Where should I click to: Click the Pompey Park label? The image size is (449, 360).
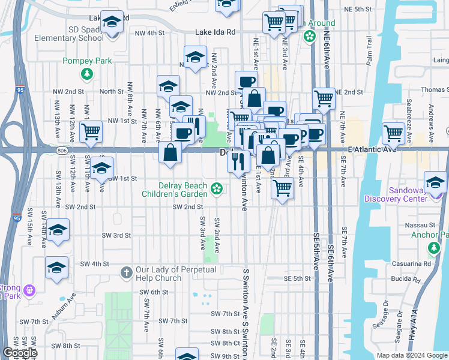(x=88, y=61)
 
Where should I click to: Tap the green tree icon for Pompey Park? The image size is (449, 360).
(x=88, y=74)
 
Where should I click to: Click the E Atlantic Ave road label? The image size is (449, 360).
(x=372, y=149)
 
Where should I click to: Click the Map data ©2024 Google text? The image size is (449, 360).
(x=412, y=355)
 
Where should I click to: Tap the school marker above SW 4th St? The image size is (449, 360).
(x=56, y=268)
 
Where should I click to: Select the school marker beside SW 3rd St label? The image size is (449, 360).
(x=58, y=230)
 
